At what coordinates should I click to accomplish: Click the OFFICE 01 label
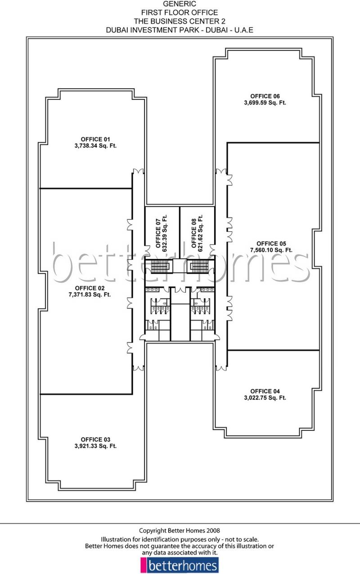click(x=95, y=139)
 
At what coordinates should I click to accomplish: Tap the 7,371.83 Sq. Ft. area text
click(x=90, y=295)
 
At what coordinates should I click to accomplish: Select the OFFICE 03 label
click(x=95, y=439)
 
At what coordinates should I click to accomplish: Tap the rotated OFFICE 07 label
click(x=158, y=234)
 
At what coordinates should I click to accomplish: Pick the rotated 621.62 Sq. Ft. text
click(x=200, y=233)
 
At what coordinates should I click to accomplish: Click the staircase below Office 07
click(x=160, y=267)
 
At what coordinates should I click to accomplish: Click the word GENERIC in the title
click(x=180, y=4)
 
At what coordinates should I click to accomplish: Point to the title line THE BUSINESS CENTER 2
click(x=180, y=21)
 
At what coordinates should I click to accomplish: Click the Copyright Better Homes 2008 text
click(x=180, y=531)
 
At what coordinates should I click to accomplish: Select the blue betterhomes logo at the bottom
click(x=180, y=565)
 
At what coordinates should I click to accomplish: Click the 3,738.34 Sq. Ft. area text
click(x=95, y=146)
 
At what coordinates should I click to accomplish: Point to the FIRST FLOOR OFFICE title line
click(x=180, y=13)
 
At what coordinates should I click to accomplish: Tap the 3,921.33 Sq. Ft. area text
click(x=95, y=446)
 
